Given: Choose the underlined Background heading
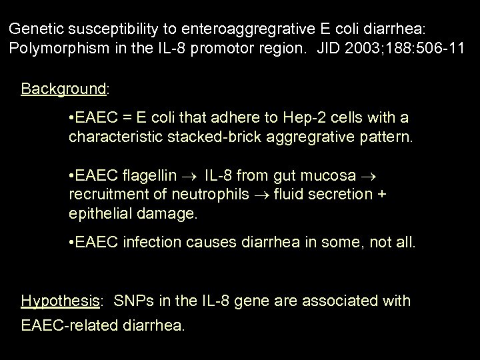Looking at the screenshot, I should [64, 89].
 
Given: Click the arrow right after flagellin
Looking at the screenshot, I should [190, 177].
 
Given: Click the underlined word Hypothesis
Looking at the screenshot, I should [60, 301].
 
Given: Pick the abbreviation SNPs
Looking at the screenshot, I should [131, 301].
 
